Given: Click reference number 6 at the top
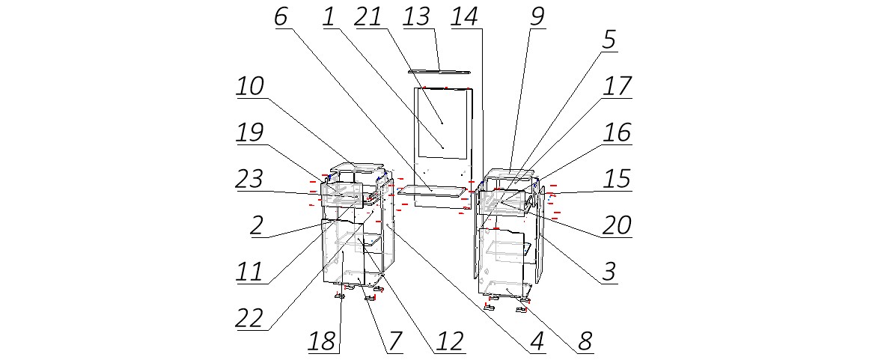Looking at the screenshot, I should (281, 17).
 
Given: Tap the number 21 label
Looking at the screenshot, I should (368, 17).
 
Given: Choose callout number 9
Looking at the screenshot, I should (537, 17).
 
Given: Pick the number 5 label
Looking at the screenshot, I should (609, 40).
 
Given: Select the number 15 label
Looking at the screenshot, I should (615, 179).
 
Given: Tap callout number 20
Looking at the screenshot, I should (615, 225).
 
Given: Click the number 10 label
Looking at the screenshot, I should (250, 86).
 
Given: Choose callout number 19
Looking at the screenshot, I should (250, 132).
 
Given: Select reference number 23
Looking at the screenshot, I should (250, 179).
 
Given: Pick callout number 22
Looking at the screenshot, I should (250, 317).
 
